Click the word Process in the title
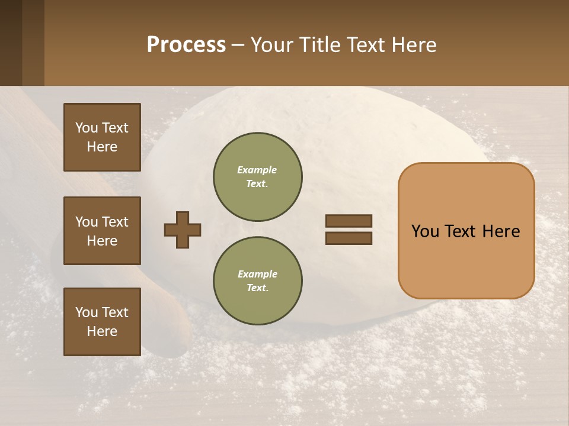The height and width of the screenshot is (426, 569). click(x=186, y=45)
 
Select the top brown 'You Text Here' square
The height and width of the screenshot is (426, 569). click(x=102, y=137)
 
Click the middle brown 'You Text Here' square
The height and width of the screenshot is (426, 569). click(x=102, y=231)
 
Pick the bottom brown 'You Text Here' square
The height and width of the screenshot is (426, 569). click(x=102, y=322)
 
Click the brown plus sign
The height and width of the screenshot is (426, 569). click(x=183, y=230)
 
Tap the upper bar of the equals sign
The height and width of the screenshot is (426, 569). click(x=349, y=221)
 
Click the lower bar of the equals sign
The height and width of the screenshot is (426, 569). click(x=349, y=238)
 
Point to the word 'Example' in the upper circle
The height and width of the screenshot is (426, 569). click(x=257, y=170)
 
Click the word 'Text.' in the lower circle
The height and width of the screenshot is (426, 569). click(x=257, y=288)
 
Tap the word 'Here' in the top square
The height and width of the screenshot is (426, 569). click(x=102, y=147)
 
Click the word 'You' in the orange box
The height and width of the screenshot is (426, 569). click(x=426, y=231)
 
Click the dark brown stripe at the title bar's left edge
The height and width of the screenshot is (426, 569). click(x=11, y=43)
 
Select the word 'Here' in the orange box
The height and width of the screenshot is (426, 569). click(x=501, y=231)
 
